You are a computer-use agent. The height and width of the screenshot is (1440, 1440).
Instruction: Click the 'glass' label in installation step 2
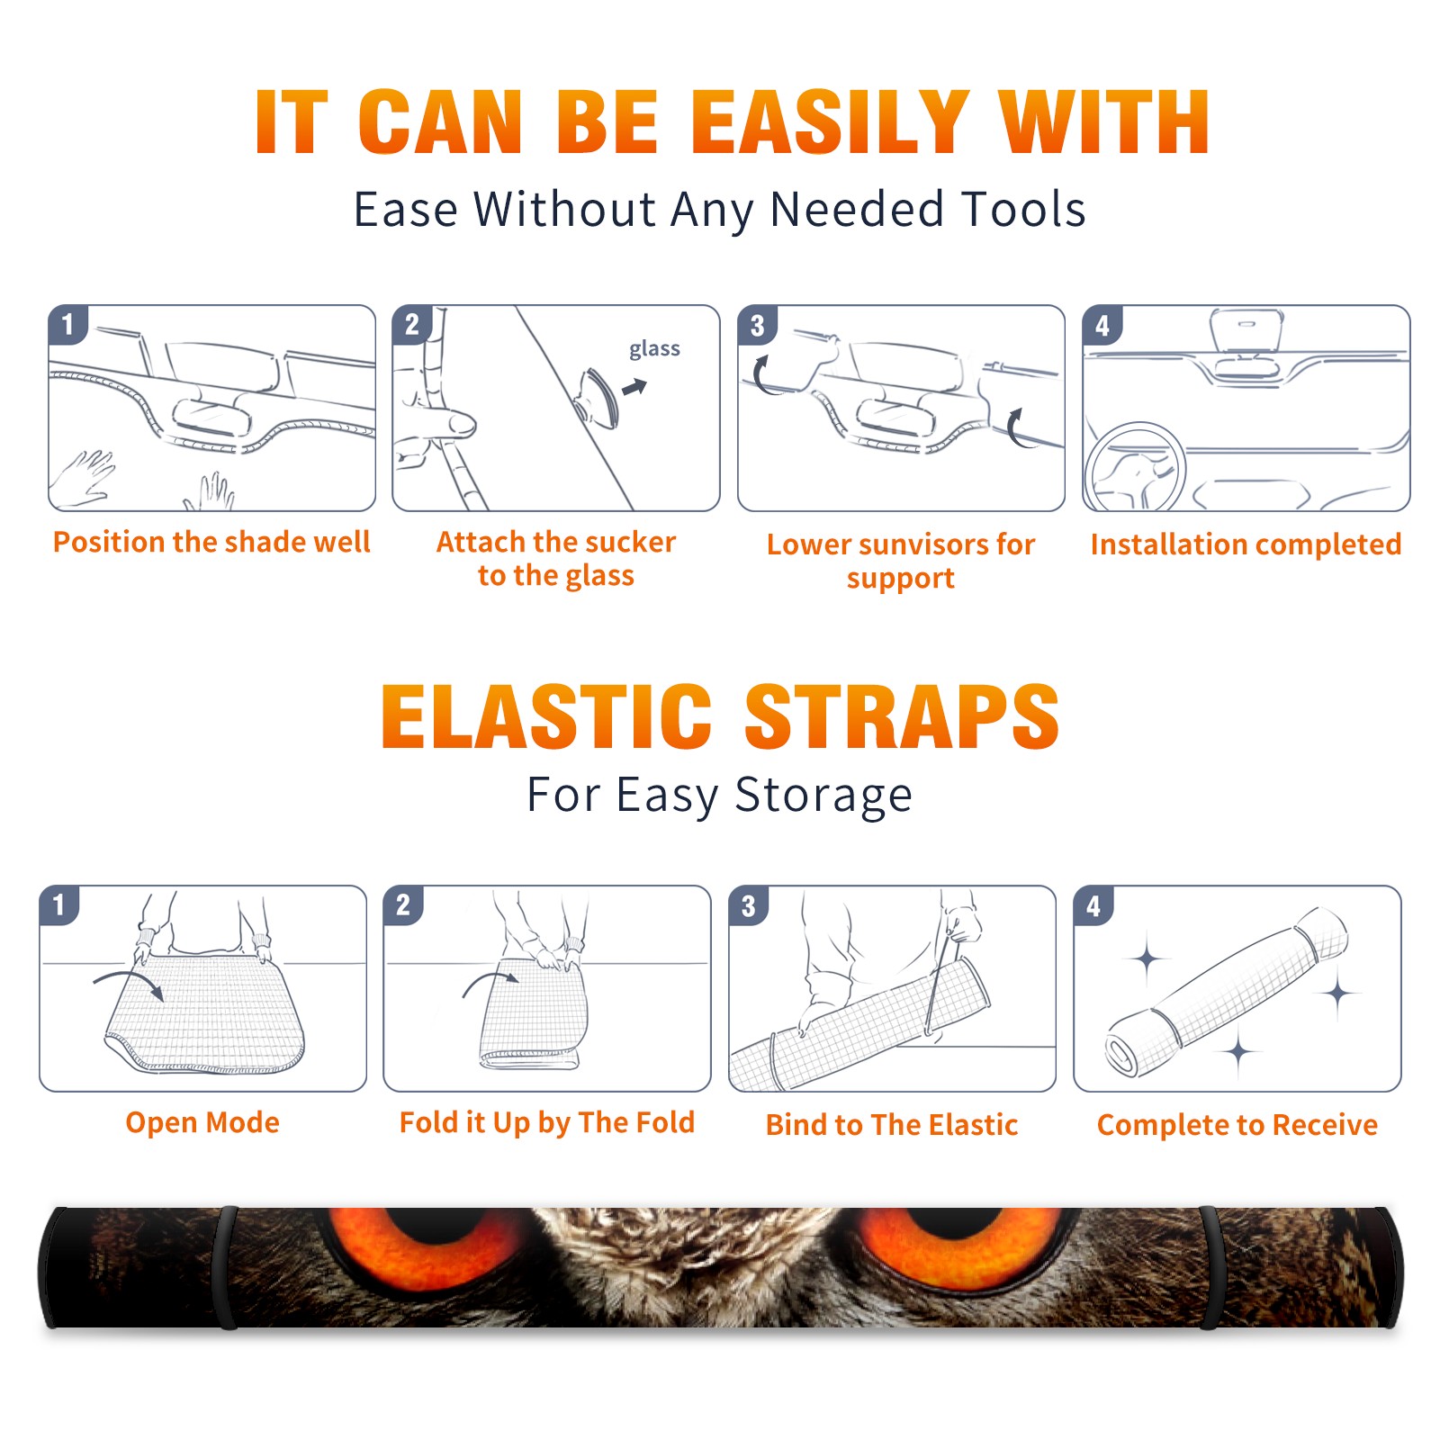pos(654,349)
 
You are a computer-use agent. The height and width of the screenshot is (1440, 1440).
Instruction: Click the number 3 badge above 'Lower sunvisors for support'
pos(757,325)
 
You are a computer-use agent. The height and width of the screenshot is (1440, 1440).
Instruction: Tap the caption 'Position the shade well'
pos(211,542)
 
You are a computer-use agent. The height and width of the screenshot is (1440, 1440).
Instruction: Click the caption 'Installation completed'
pos(1246,544)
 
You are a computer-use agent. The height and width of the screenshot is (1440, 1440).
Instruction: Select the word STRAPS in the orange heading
pos(902,716)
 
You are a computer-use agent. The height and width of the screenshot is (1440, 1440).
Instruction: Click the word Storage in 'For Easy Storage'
pos(823,796)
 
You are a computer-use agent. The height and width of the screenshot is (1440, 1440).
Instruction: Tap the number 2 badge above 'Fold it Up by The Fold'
pos(403,904)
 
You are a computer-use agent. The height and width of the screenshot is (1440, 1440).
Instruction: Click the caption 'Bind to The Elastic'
pos(891,1124)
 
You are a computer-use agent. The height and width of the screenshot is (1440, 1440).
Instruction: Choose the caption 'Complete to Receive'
pos(1237,1125)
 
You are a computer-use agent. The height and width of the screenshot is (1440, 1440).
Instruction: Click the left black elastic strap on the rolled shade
pos(226,1267)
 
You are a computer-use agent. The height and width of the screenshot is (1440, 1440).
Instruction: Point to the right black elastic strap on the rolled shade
pos(1210,1267)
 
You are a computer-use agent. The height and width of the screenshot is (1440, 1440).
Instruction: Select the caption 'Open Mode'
pos(202,1122)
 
